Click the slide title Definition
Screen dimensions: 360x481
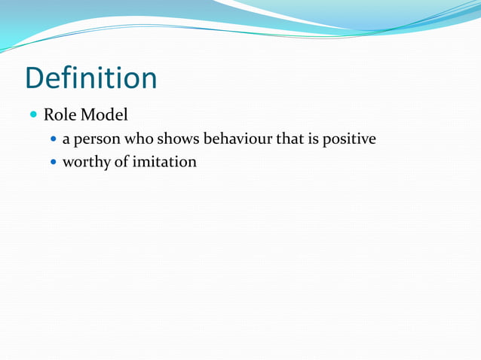(x=90, y=78)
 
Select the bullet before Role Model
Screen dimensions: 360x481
(x=33, y=116)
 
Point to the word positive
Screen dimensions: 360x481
(x=349, y=140)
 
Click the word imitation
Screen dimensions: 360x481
(x=164, y=161)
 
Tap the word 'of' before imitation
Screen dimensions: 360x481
(x=121, y=161)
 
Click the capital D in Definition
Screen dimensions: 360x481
(x=35, y=78)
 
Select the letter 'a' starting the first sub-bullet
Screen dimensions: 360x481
(x=66, y=141)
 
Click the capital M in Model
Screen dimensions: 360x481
(x=88, y=116)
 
